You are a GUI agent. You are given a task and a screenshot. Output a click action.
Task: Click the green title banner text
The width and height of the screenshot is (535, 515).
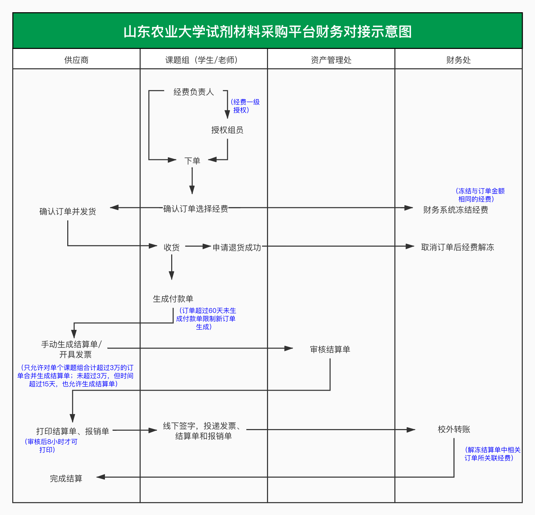267,32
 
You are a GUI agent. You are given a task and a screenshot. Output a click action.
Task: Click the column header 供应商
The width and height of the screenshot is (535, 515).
76,60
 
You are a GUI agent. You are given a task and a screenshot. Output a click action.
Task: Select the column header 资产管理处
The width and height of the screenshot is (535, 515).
331,60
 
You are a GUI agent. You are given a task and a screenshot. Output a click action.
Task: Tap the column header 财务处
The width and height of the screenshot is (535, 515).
458,60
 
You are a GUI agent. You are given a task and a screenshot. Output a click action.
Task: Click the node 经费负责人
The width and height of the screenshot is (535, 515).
194,92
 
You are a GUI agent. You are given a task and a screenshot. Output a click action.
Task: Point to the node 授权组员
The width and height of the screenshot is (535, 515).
227,130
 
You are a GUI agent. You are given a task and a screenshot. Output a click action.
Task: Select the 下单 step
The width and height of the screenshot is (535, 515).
192,161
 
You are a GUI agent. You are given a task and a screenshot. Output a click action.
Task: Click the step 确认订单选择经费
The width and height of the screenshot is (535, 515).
196,209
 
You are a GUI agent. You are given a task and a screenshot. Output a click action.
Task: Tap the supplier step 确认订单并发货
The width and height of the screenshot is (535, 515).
68,211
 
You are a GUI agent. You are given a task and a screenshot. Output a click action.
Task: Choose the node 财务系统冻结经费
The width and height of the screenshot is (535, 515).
456,210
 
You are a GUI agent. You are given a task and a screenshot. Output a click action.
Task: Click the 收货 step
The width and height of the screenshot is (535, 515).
172,247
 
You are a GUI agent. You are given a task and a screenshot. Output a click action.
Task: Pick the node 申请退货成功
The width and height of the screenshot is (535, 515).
237,247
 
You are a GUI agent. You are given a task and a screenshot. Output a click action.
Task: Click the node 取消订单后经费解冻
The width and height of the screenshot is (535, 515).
458,247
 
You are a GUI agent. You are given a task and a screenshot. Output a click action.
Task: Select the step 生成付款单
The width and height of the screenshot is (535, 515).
173,299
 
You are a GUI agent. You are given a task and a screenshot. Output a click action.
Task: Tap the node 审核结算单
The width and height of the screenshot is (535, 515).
330,349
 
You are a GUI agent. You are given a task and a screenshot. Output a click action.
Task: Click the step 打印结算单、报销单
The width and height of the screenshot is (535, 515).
73,431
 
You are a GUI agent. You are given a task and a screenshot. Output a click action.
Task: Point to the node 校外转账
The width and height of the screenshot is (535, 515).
454,429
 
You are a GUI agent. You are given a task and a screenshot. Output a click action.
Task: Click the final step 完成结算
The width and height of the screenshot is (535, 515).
66,478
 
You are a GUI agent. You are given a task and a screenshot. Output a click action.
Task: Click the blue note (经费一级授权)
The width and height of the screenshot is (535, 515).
245,106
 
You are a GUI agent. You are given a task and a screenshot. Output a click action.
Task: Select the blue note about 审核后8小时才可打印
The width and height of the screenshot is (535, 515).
51,446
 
